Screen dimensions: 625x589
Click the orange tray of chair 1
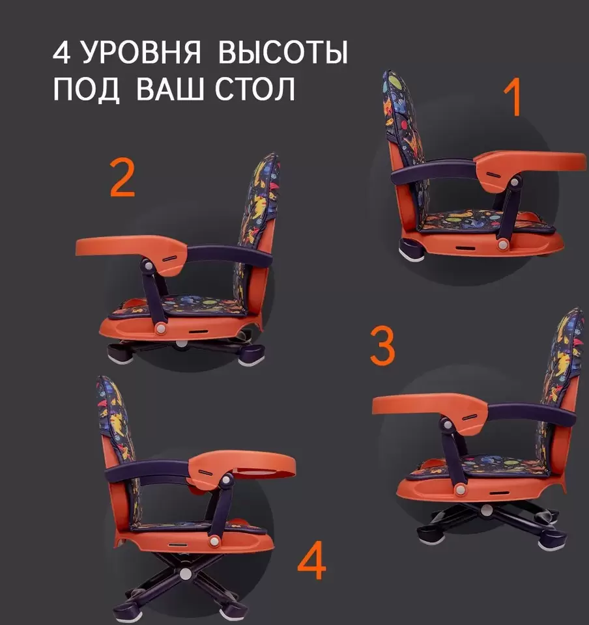coord(534,163)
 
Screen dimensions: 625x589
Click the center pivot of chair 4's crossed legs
coord(186,574)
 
